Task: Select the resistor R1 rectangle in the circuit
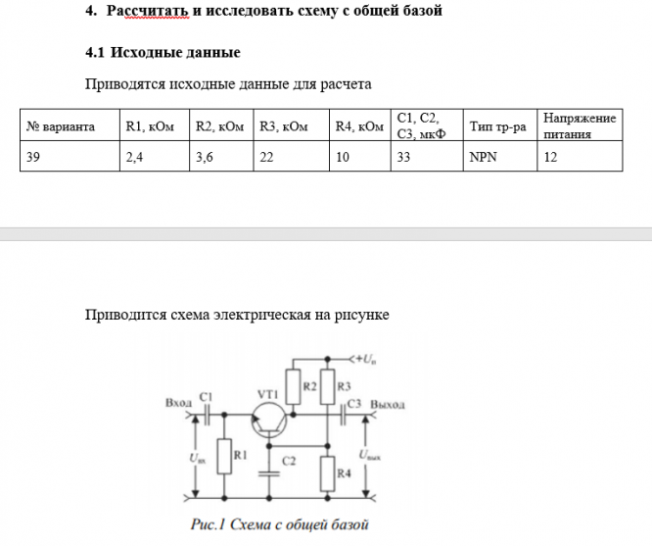point(224,457)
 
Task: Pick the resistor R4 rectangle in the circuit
point(330,472)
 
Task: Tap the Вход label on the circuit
point(179,402)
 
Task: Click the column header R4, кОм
point(359,126)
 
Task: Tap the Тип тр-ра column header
point(497,126)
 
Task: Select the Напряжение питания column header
point(580,125)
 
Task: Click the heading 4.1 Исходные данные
point(163,51)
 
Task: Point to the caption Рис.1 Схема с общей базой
point(280,524)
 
